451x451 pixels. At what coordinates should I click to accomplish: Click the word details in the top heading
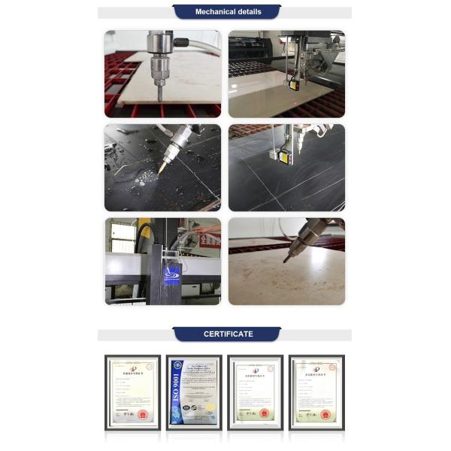point(250,12)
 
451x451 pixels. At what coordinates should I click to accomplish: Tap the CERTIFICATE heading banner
point(228,334)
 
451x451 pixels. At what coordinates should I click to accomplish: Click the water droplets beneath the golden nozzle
point(144,179)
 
